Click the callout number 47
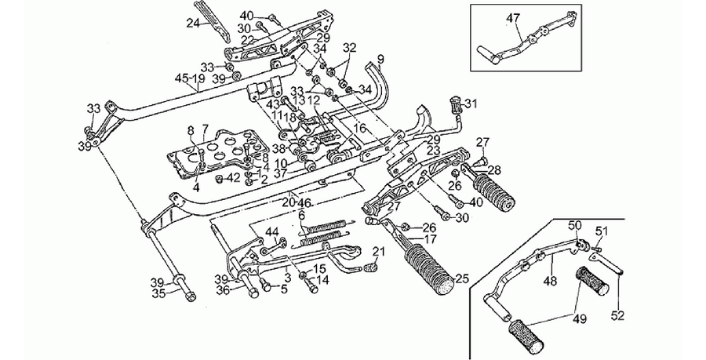coord(513,19)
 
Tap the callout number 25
coord(462,279)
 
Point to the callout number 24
coord(193,24)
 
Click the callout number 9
coord(380,58)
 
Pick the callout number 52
coord(618,316)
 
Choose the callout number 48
coord(550,282)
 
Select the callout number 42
coord(233,178)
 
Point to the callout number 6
coord(301,216)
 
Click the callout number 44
coord(272,232)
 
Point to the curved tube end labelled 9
coord(380,85)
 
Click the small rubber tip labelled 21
coord(370,268)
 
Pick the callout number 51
coord(602,232)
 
